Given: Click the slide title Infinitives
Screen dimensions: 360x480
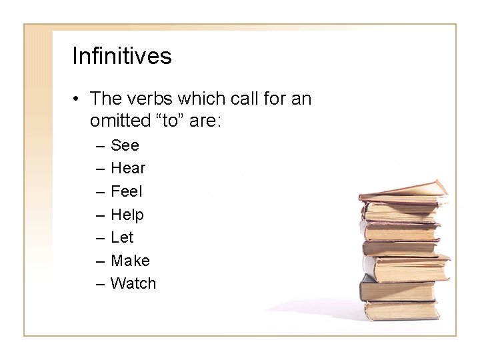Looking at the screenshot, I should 121,56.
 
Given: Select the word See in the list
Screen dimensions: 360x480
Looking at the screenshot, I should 125,145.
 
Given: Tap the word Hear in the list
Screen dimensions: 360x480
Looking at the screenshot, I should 128,168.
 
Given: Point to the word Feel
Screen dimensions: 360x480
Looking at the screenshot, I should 127,191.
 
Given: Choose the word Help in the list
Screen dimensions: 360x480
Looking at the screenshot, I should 127,215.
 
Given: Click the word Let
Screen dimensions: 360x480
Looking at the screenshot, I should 122,237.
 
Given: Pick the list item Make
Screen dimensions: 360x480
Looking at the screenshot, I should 130,261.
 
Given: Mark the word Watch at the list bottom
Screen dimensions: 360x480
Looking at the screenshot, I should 133,283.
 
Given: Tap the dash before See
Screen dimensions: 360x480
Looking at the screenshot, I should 99,146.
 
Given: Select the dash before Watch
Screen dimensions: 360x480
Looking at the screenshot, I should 99,284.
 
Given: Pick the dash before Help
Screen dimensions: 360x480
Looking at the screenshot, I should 99,215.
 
